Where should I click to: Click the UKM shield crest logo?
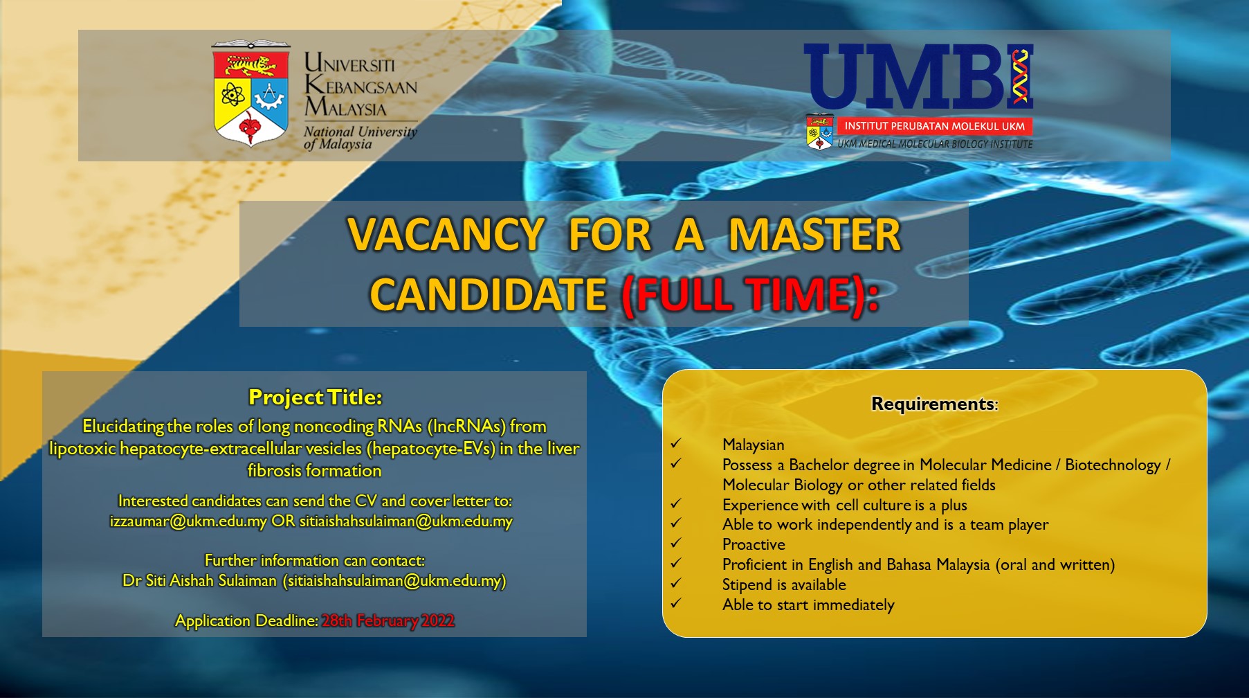[x=250, y=93]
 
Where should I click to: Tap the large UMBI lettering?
[x=918, y=76]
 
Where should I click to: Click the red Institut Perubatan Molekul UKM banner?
[x=934, y=126]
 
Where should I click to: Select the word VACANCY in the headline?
[x=446, y=234]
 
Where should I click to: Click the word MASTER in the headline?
[x=814, y=234]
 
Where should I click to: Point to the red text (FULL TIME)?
[x=750, y=295]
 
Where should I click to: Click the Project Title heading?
[x=315, y=397]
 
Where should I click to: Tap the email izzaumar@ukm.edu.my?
[x=188, y=521]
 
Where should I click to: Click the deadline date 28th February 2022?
[x=388, y=620]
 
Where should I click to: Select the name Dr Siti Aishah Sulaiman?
[x=199, y=580]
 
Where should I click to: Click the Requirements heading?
[x=934, y=404]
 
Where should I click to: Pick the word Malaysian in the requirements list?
[x=754, y=445]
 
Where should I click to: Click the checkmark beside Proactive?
[x=676, y=543]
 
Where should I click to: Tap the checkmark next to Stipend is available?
[x=676, y=583]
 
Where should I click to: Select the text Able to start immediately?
[x=808, y=605]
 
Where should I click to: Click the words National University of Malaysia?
[x=361, y=138]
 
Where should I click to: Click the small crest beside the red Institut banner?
[x=820, y=132]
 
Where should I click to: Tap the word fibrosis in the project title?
[x=275, y=471]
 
